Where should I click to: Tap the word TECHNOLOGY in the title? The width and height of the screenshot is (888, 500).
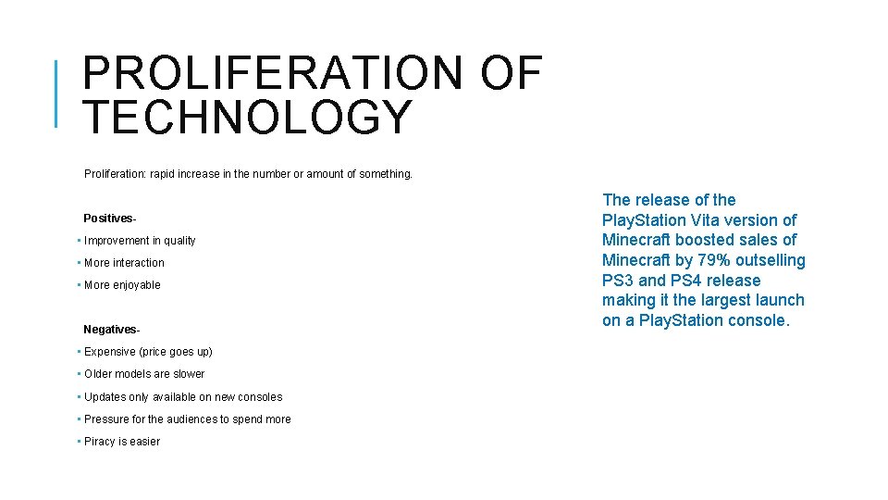[x=246, y=118]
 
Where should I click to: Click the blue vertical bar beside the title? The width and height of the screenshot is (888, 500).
[x=56, y=93]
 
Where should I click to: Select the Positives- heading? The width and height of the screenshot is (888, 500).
[x=110, y=219]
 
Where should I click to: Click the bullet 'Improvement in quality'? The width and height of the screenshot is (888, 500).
[x=140, y=241]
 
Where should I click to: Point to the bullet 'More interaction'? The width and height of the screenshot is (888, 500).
[x=124, y=263]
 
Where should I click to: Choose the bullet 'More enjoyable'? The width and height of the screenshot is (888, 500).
[x=122, y=285]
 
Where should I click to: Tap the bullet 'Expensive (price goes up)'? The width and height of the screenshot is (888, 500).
[x=148, y=352]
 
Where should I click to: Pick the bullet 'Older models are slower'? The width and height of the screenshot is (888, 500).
[x=144, y=374]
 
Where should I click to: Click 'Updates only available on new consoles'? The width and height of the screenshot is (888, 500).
[x=183, y=397]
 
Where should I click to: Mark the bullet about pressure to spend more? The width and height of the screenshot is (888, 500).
[x=187, y=419]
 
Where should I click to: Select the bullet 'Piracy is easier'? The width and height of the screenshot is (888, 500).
[x=122, y=442]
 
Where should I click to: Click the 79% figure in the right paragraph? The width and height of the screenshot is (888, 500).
[x=714, y=260]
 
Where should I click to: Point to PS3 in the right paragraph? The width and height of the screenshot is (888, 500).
[x=618, y=281]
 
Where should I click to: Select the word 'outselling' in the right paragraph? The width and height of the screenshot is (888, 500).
[x=771, y=260]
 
